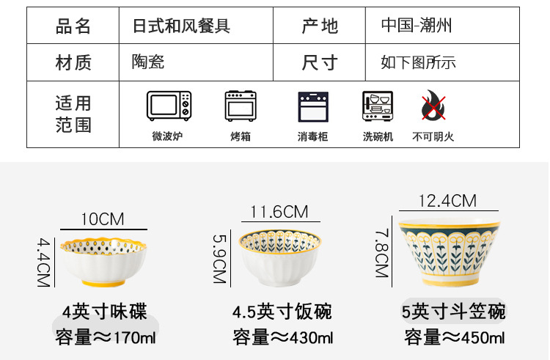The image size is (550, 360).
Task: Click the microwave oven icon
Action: pyautogui.click(x=169, y=106)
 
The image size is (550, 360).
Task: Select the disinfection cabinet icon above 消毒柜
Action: pyautogui.click(x=312, y=107)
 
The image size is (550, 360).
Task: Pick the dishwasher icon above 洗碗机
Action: pyautogui.click(x=378, y=107)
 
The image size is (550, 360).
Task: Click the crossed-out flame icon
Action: pyautogui.click(x=433, y=107)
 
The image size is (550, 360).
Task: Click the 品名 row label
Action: pyautogui.click(x=73, y=26)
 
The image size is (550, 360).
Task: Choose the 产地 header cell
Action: pyautogui.click(x=320, y=26)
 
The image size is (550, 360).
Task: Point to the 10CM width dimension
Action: pyautogui.click(x=102, y=219)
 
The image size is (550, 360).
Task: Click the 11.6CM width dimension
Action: pyautogui.click(x=279, y=212)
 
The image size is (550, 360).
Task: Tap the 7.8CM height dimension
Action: pyautogui.click(x=381, y=252)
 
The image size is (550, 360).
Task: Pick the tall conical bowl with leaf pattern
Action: pyautogui.click(x=447, y=249)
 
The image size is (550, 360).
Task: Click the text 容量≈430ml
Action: pyautogui.click(x=282, y=338)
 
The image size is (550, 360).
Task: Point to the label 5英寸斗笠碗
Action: pyautogui.click(x=454, y=312)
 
